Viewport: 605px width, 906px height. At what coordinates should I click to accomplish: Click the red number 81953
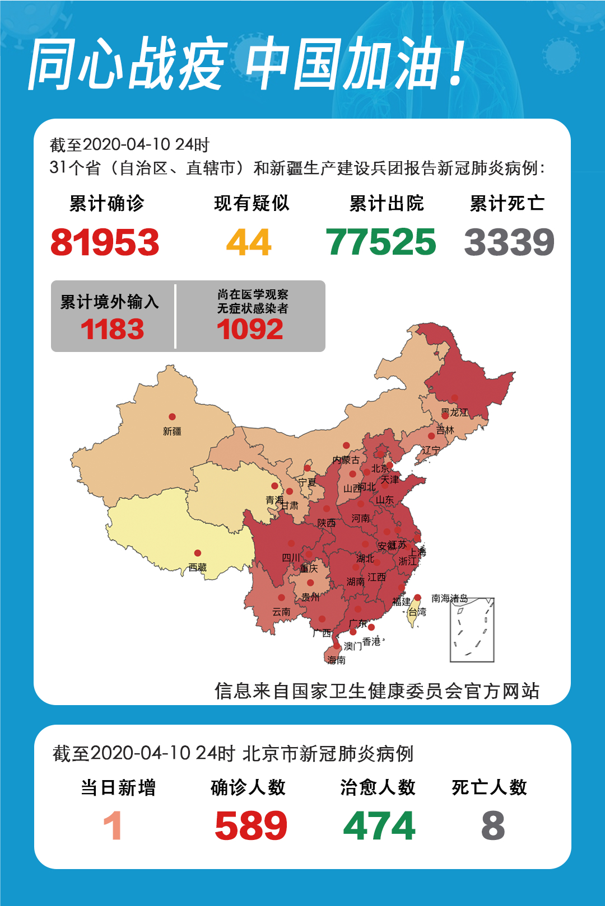pos(105,242)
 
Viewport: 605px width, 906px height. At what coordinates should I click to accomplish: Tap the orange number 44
pos(249,242)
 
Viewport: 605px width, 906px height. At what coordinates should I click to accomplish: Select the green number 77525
pos(381,242)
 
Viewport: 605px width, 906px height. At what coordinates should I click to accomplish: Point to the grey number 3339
pos(509,242)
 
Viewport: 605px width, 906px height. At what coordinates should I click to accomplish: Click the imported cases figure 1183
pos(112,329)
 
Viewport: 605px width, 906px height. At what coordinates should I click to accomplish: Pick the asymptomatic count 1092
pos(250,329)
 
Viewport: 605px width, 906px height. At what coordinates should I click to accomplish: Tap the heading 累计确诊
pos(106,203)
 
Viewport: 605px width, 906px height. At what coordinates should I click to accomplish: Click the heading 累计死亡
pos(507,203)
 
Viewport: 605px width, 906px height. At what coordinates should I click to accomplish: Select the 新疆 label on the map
pos(172,431)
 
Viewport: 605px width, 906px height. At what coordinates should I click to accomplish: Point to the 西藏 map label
pos(198,567)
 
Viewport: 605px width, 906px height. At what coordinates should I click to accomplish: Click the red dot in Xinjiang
pos(172,417)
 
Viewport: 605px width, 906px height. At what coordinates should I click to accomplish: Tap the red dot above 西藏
pos(197,553)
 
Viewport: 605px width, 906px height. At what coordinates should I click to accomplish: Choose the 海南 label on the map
pos(337,660)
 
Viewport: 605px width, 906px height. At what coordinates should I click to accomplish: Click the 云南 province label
pos(281,612)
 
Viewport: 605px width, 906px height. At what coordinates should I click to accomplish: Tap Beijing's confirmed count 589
pos(251,826)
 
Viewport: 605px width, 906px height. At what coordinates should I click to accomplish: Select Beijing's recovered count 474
pos(379,826)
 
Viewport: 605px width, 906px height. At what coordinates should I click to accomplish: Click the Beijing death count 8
pos(493,826)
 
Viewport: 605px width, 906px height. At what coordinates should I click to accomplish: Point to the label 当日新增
pos(118,788)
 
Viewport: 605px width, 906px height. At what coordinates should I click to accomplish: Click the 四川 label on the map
pos(291,558)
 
